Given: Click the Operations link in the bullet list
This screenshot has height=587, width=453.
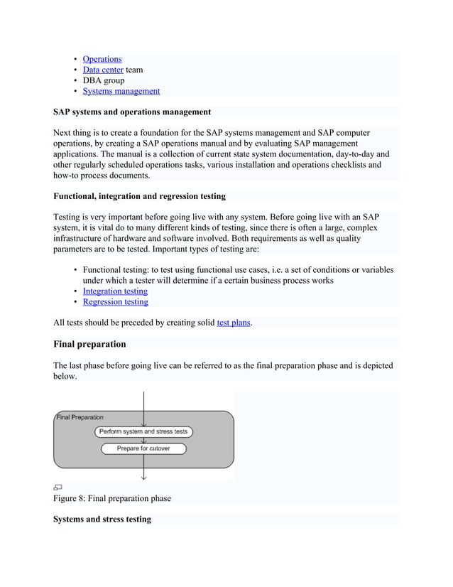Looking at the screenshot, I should (x=102, y=59).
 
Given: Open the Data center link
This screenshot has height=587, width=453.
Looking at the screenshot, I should (x=103, y=70).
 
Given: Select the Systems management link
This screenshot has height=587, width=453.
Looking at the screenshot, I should (x=121, y=91).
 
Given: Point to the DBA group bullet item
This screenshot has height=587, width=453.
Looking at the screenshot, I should (x=104, y=80).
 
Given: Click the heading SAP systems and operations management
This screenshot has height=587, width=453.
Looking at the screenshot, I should (x=132, y=112).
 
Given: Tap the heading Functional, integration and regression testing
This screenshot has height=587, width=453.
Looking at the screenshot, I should (x=139, y=196).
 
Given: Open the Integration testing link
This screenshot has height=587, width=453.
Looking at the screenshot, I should (x=115, y=291).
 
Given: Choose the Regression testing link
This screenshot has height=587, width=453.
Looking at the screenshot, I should (x=115, y=301).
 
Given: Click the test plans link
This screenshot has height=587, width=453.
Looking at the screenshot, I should (x=233, y=323).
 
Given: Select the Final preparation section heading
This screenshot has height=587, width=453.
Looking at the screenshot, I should (x=89, y=344).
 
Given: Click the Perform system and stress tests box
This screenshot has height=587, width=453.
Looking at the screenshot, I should (x=144, y=431).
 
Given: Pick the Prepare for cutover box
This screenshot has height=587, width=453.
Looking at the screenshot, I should (x=144, y=448).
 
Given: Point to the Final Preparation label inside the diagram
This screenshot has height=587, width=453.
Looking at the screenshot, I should (x=80, y=417).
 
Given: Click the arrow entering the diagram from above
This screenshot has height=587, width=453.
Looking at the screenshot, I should (x=144, y=402).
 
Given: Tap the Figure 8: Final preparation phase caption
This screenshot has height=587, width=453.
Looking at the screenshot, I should (x=112, y=498).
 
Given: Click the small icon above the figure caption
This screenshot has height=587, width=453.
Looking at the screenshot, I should (x=58, y=488).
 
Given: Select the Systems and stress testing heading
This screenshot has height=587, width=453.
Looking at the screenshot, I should (x=102, y=519).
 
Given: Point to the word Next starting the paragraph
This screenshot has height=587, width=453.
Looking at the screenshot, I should (x=63, y=133).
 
